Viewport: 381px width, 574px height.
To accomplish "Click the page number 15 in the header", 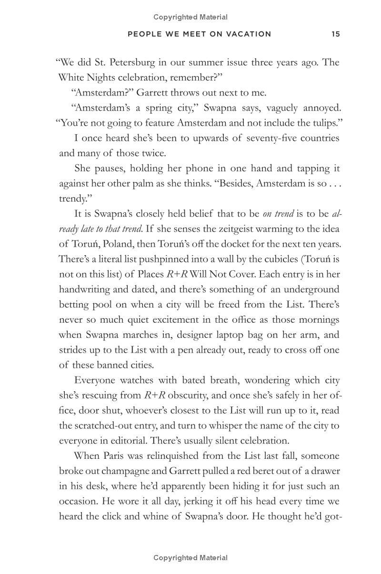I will point(336,34).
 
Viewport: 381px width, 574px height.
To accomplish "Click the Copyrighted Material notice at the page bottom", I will point(190,557).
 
